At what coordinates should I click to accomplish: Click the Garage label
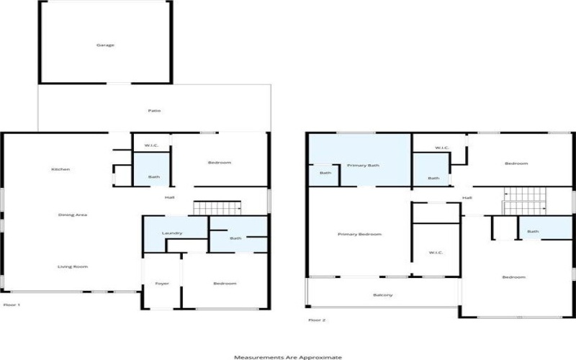pyautogui.click(x=105, y=45)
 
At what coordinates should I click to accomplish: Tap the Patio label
pyautogui.click(x=154, y=110)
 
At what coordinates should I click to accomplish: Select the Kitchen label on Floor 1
pyautogui.click(x=60, y=169)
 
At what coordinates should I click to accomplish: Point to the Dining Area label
pyautogui.click(x=73, y=215)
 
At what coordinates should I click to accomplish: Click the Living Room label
pyautogui.click(x=73, y=266)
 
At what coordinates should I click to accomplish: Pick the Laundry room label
pyautogui.click(x=171, y=233)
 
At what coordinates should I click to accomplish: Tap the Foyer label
pyautogui.click(x=162, y=284)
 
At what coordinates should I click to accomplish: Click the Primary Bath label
pyautogui.click(x=364, y=165)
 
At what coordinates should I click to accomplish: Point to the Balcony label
pyautogui.click(x=382, y=295)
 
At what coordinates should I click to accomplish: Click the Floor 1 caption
pyautogui.click(x=12, y=305)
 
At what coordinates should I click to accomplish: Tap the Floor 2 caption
pyautogui.click(x=317, y=320)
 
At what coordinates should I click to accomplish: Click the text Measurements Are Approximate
pyautogui.click(x=287, y=356)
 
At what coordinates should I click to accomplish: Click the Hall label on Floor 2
pyautogui.click(x=467, y=197)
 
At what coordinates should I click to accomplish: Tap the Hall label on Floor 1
pyautogui.click(x=170, y=197)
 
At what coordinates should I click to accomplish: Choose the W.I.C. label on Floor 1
pyautogui.click(x=151, y=146)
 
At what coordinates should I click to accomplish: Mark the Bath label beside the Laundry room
pyautogui.click(x=236, y=238)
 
